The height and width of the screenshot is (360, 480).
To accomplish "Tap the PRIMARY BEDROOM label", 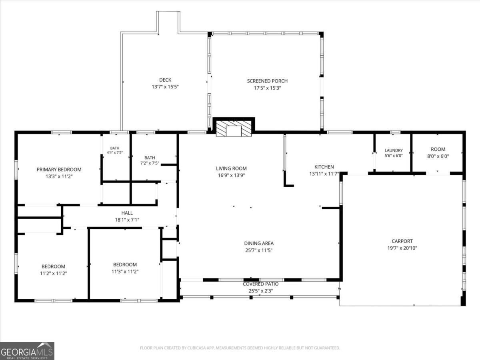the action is [x=59, y=169].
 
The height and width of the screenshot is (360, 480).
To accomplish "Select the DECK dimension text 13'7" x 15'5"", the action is [x=165, y=87].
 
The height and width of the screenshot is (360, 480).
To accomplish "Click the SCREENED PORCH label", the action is [x=267, y=81].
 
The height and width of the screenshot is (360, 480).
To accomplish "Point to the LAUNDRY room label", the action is [x=394, y=150].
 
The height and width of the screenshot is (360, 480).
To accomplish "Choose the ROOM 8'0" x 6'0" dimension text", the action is [x=438, y=156].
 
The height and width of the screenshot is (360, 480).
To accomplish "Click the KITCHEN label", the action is [x=324, y=167].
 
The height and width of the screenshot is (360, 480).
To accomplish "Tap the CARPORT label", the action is [x=402, y=241].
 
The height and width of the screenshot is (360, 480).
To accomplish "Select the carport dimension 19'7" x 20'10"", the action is [x=402, y=248].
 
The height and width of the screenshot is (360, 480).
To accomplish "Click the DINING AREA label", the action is [x=259, y=243].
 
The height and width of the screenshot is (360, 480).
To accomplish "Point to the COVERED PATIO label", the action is [x=261, y=284].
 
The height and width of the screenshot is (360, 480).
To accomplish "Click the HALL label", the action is [x=127, y=213].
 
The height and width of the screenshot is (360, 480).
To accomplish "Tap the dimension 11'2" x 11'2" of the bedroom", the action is [x=53, y=273].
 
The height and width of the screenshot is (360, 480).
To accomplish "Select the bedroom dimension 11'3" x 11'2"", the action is [x=125, y=271].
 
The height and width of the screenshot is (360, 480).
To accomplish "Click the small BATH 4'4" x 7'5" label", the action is [x=114, y=150].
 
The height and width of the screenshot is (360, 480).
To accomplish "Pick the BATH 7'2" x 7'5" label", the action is [x=150, y=160].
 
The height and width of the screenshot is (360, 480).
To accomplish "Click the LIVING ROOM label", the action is [x=231, y=168].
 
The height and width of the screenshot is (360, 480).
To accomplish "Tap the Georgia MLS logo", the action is [x=27, y=351].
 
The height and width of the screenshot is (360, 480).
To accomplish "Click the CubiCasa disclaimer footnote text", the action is [x=240, y=348].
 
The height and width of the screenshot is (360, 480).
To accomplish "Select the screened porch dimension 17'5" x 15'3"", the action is [x=267, y=88].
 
